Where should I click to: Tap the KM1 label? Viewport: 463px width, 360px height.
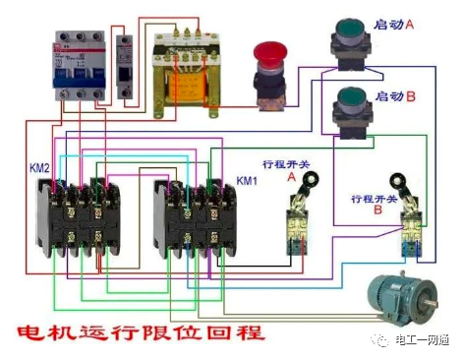click(x=247, y=182)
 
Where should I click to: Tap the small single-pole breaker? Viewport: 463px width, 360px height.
click(x=123, y=65)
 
